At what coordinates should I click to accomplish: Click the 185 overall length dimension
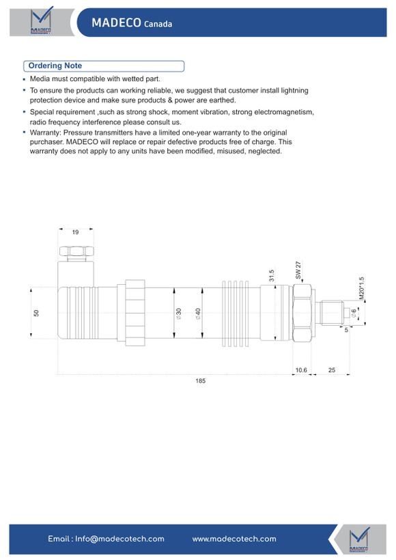200,380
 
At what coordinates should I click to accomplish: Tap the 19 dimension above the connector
75,232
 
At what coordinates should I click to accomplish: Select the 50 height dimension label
36,313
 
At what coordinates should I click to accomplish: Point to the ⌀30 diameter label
178,313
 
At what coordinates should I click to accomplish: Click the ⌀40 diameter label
198,313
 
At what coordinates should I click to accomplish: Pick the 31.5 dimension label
271,276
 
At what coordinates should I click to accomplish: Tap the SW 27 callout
298,270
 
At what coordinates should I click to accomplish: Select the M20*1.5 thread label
361,288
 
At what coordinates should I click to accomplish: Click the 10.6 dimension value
301,370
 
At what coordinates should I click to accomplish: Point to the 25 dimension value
332,370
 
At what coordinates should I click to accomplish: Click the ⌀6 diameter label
353,313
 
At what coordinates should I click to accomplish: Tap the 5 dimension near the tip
346,330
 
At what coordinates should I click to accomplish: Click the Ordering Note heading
55,66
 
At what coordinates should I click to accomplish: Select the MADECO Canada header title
132,23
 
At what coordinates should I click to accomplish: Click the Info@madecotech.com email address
119,539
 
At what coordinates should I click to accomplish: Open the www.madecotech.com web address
234,539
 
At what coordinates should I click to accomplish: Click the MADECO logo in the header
41,21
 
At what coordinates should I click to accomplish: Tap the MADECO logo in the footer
359,540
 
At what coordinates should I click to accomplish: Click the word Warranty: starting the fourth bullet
46,133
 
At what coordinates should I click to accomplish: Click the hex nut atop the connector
76,251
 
